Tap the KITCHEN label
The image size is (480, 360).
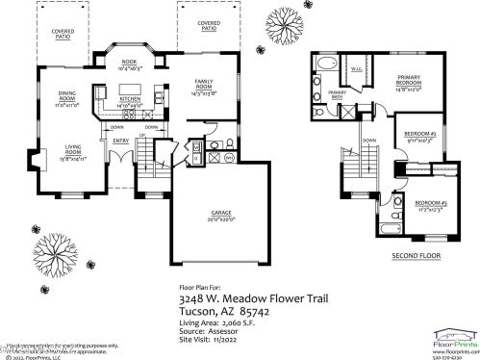click(x=130, y=100)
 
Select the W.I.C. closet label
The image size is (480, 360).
click(x=356, y=69)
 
